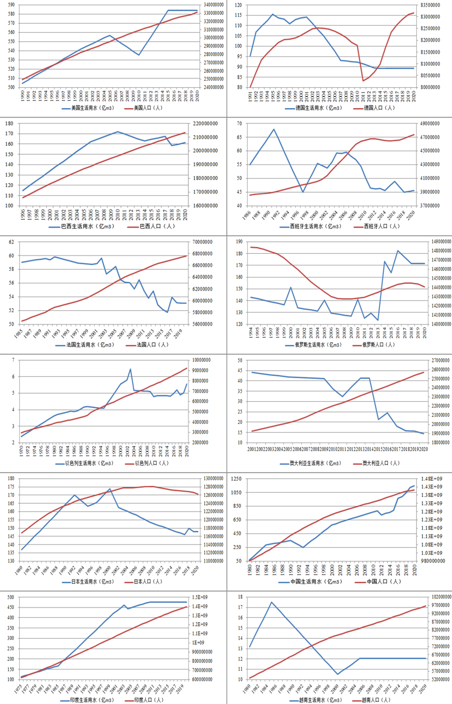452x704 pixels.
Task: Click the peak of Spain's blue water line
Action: click(x=273, y=129)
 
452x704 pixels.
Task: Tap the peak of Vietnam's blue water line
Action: click(x=271, y=602)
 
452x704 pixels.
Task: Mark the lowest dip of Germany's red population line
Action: click(x=363, y=81)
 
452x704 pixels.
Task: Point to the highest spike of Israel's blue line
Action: click(x=130, y=369)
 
